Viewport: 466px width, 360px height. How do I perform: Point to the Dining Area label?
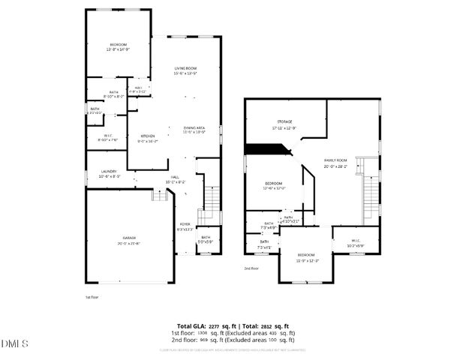click(x=194, y=129)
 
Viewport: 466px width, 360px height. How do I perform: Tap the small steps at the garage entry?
click(x=158, y=195)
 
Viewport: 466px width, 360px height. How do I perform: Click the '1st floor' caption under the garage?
click(x=92, y=297)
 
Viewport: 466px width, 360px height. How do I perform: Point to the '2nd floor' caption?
click(x=250, y=268)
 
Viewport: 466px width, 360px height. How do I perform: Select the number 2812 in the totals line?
click(x=261, y=326)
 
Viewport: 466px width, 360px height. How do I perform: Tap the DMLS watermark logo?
click(x=14, y=343)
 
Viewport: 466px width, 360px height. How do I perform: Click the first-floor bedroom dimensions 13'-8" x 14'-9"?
click(x=119, y=49)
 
